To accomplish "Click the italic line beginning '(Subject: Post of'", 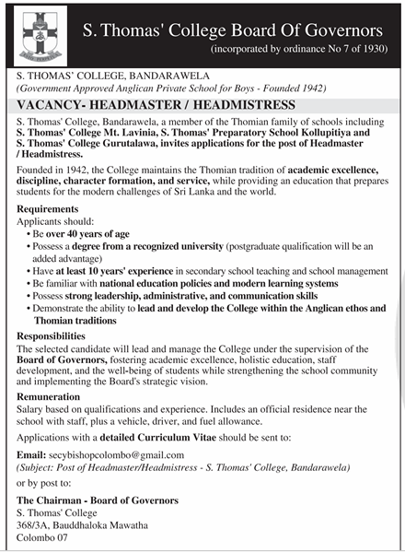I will (184, 467).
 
